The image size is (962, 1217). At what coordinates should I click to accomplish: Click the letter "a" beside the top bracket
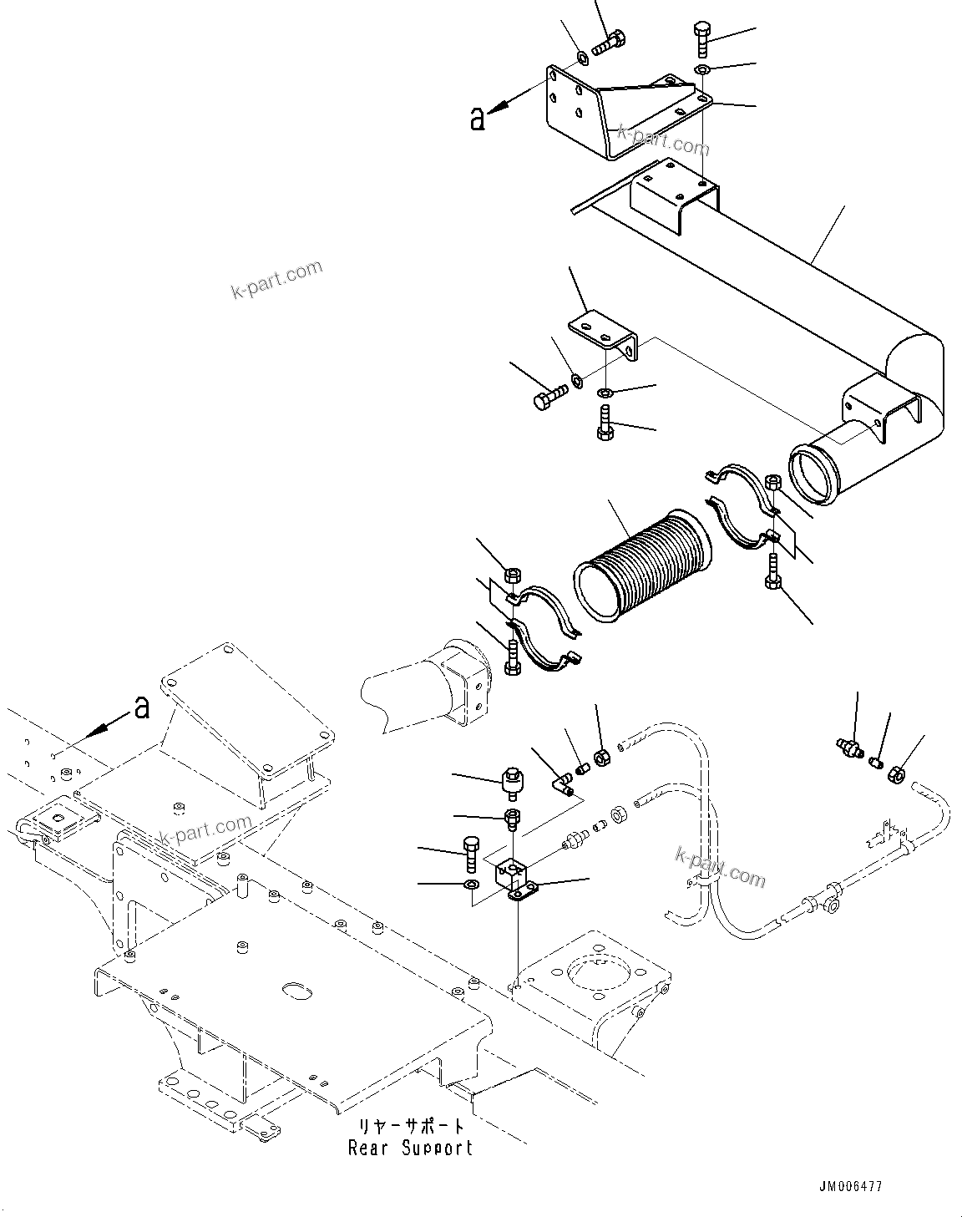(x=477, y=119)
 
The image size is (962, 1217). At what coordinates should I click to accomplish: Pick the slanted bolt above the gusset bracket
(x=608, y=42)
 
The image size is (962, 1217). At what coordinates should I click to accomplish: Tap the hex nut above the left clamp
(x=514, y=575)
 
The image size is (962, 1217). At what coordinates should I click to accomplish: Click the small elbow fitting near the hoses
(x=565, y=783)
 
